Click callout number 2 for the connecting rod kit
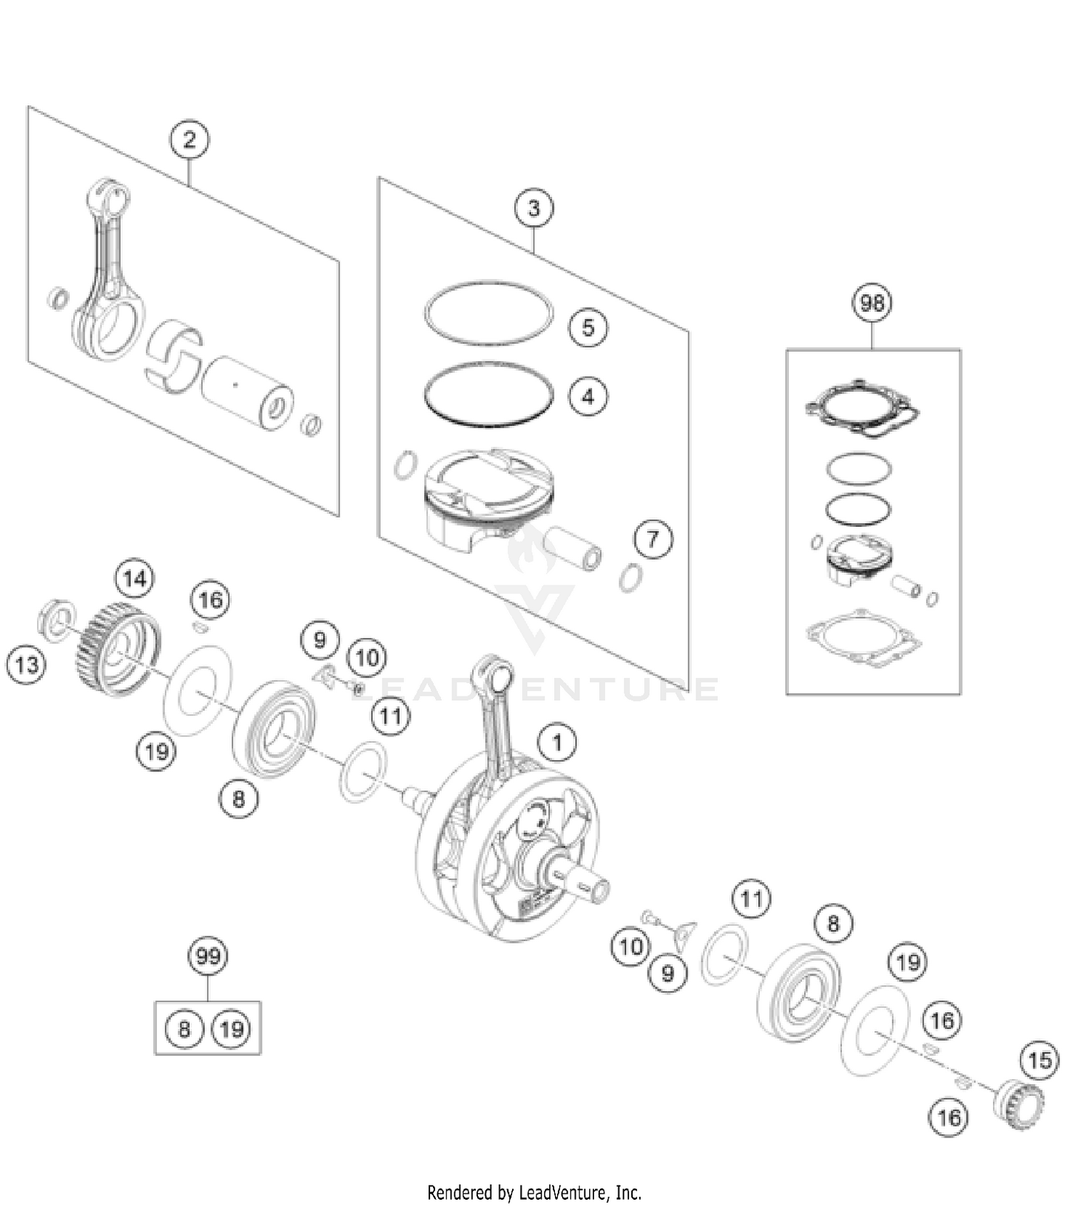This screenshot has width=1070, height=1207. click(x=189, y=139)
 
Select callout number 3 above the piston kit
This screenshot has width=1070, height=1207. click(x=534, y=208)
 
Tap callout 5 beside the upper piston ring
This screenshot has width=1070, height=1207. click(x=588, y=328)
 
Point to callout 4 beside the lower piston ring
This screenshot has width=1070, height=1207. click(x=588, y=396)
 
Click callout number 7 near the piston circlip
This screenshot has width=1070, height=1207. click(x=653, y=539)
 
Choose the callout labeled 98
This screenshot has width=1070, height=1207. click(x=872, y=303)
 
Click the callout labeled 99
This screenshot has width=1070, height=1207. click(x=208, y=956)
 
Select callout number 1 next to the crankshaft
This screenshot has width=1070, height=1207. click(x=557, y=743)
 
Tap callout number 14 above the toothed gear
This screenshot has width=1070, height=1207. click(x=135, y=578)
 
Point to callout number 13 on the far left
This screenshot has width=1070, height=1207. click(x=26, y=665)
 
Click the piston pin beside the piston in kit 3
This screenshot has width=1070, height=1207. click(x=574, y=548)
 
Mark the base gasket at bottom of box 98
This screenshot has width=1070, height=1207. click(x=864, y=637)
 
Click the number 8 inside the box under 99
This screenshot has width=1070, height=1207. click(x=184, y=1029)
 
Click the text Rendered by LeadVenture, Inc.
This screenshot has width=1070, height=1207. click(x=534, y=1192)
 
